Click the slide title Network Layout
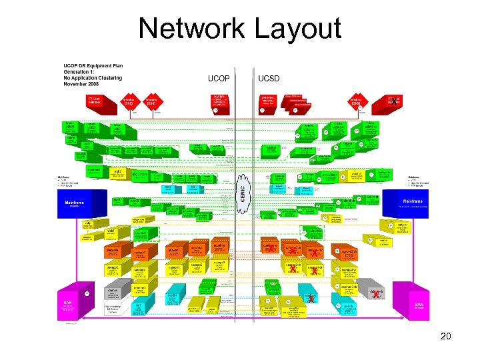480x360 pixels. (x=240, y=29)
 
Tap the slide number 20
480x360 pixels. (x=446, y=336)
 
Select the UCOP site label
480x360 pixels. (x=219, y=79)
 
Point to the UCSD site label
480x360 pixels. (x=269, y=79)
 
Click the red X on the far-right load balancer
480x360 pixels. (x=395, y=103)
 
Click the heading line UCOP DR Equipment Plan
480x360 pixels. (x=93, y=66)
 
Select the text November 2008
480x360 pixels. (x=81, y=84)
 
